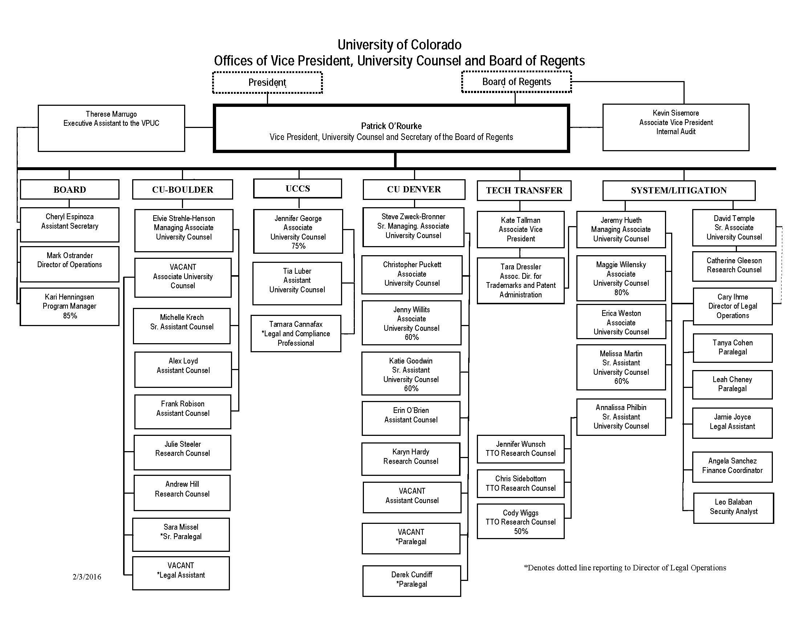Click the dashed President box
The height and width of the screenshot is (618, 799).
click(267, 83)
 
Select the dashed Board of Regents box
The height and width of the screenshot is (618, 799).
click(516, 82)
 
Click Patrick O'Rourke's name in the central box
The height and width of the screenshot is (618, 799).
click(392, 126)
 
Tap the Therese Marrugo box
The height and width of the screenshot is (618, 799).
click(111, 128)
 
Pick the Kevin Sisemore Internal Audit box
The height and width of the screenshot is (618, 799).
click(676, 127)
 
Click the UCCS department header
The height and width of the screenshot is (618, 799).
click(298, 189)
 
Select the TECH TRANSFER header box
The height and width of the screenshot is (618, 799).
click(524, 190)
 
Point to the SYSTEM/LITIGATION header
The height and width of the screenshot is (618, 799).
click(679, 190)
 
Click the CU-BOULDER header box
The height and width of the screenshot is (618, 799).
click(183, 189)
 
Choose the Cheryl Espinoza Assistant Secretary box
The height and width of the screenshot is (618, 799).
click(69, 225)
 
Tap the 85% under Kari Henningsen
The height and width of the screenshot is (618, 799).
click(70, 316)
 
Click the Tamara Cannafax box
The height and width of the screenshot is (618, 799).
click(296, 333)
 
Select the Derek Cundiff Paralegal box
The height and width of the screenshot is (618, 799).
click(411, 581)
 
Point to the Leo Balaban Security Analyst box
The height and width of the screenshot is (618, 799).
click(734, 508)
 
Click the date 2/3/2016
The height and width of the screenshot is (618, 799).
click(87, 577)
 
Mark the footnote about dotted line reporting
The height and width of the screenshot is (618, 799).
click(625, 568)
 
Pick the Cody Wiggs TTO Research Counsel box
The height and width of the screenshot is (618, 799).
click(520, 521)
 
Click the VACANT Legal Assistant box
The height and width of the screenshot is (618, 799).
click(181, 573)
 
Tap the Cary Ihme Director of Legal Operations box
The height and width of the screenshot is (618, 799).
click(733, 306)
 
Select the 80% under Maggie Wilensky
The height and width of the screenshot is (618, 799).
click(621, 293)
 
